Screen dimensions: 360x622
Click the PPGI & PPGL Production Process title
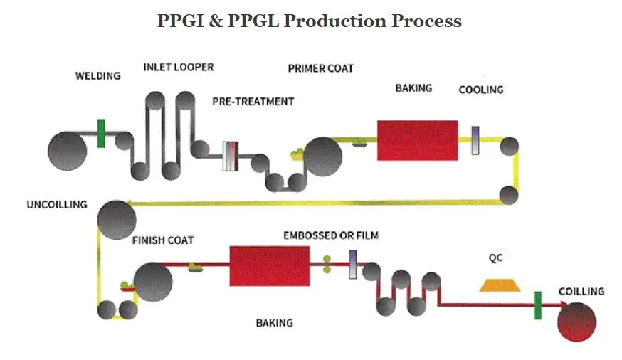[310, 21]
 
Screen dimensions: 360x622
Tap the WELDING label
[98, 75]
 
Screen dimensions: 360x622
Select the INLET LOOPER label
[178, 68]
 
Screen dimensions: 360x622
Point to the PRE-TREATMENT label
[253, 102]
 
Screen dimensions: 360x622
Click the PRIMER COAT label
[320, 68]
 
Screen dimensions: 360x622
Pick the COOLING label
[480, 90]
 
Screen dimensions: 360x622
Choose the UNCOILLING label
[57, 205]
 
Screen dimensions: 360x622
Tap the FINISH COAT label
[162, 240]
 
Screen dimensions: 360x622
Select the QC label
[496, 258]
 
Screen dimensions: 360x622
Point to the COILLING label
[581, 292]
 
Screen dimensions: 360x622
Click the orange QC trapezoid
[499, 285]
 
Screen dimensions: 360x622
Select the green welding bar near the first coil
[102, 133]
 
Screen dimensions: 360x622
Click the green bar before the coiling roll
[538, 305]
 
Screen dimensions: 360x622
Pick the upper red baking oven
[417, 140]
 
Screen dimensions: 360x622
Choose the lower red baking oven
[268, 266]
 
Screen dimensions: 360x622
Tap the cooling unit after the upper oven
[475, 140]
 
